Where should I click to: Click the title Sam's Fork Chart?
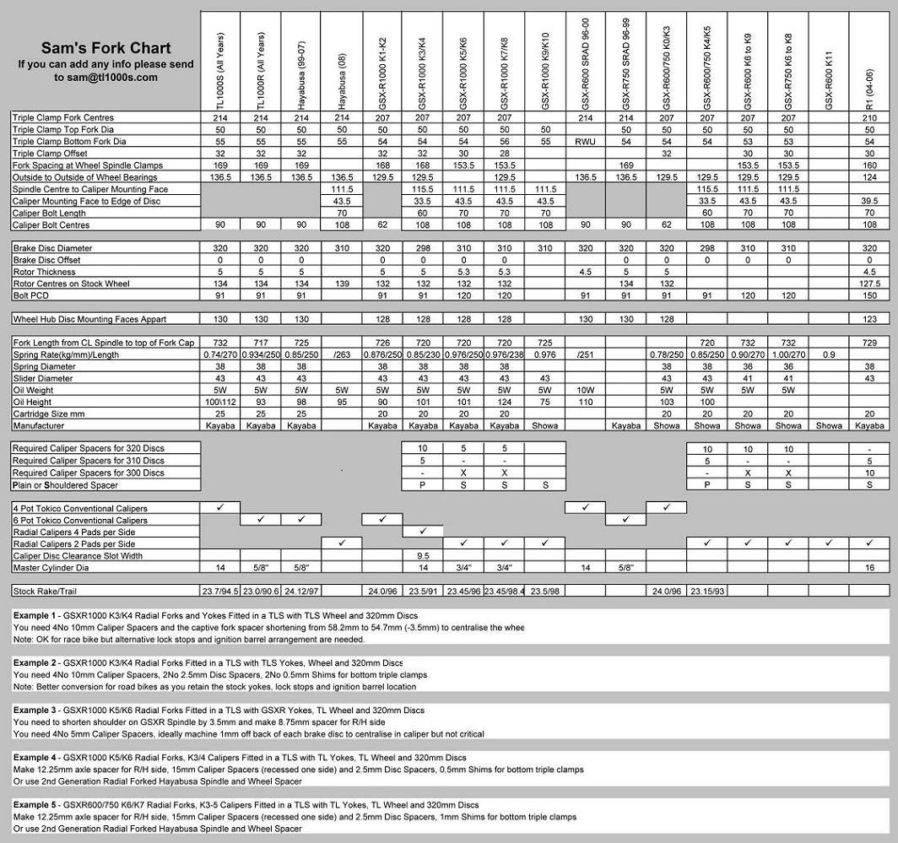(x=105, y=48)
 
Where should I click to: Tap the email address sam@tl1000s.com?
(x=106, y=77)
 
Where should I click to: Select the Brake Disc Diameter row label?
(x=52, y=249)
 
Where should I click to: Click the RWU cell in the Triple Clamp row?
(x=585, y=142)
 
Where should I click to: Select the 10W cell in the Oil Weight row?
(x=585, y=391)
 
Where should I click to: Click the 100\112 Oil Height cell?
(x=220, y=403)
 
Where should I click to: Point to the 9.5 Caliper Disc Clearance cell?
(x=423, y=556)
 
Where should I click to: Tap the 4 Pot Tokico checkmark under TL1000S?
(x=220, y=508)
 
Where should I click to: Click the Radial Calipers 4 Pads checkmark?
(x=423, y=532)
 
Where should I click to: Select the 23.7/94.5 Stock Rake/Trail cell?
(x=220, y=590)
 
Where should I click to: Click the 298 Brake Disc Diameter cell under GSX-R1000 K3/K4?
(x=423, y=249)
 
